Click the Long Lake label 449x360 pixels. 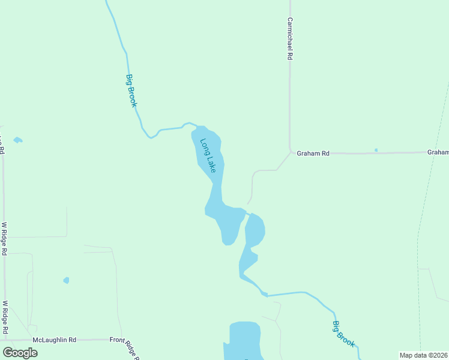[x=207, y=157]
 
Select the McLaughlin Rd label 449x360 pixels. [x=55, y=340]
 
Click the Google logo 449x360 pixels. [x=20, y=353]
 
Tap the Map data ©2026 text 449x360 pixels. [x=423, y=355]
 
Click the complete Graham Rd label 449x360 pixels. [x=313, y=154]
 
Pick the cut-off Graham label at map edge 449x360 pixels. [x=438, y=152]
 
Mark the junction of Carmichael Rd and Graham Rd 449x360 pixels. [x=290, y=152]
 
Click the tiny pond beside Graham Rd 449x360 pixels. [x=376, y=150]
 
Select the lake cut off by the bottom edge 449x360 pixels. [x=244, y=341]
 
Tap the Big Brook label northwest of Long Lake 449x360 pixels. [x=131, y=91]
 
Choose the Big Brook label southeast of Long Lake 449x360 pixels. [x=344, y=334]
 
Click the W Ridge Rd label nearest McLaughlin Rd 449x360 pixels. [x=5, y=317]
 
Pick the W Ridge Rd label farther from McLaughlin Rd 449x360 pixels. [x=4, y=239]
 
